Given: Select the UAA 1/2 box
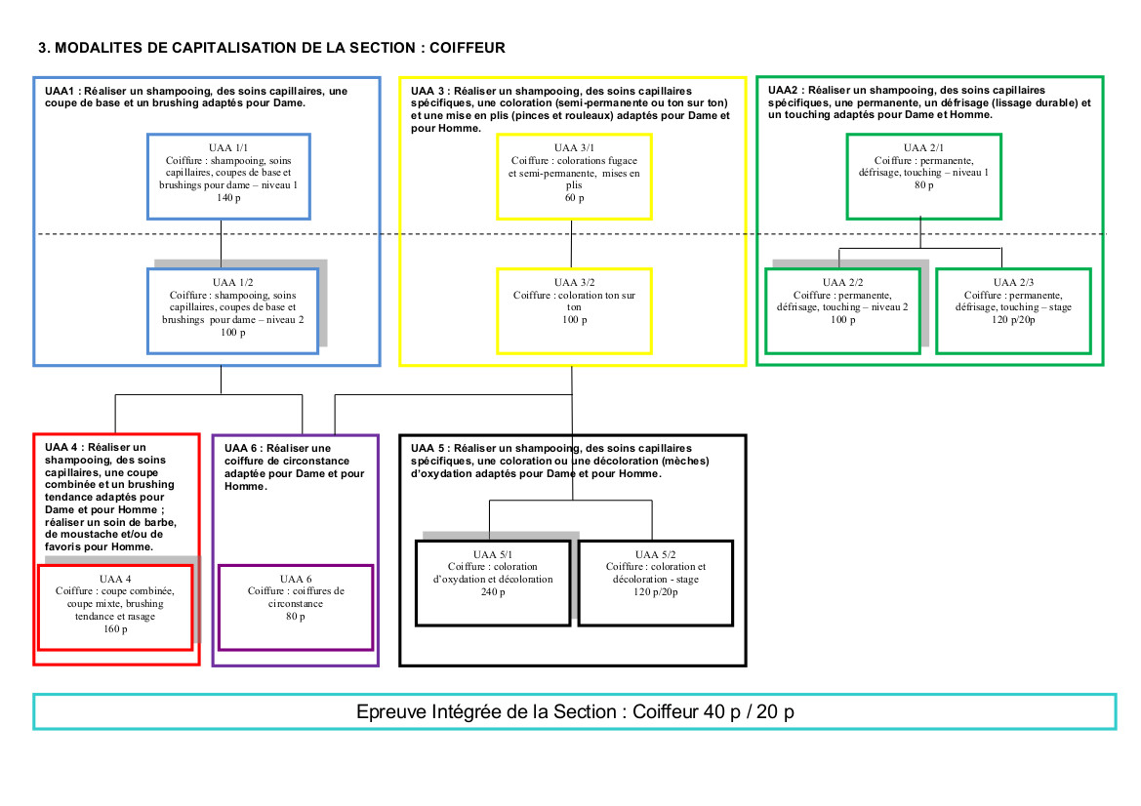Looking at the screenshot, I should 232,310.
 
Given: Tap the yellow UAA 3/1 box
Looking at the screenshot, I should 574,176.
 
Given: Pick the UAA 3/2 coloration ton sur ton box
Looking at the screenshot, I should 574,310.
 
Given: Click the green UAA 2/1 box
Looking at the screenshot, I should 923,176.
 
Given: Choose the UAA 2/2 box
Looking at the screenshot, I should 841,310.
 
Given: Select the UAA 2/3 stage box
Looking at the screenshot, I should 1013,310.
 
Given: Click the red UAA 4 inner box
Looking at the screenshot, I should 115,606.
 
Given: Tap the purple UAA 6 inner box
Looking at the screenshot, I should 295,606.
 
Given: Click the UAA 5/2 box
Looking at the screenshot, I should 655,583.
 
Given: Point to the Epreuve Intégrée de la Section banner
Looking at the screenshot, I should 575,711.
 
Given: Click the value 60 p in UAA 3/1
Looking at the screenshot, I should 574,198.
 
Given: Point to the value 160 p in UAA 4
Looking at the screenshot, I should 115,629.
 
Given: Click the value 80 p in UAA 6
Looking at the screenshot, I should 296,617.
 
